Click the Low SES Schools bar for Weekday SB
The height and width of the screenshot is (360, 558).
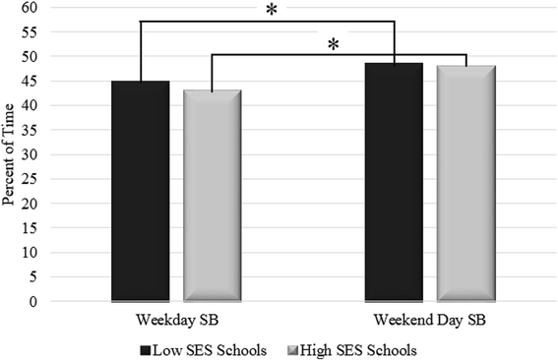[141, 191]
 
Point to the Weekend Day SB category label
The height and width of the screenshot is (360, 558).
[429, 321]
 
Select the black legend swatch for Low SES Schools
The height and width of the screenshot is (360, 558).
[145, 348]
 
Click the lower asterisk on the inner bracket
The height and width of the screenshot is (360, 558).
[334, 45]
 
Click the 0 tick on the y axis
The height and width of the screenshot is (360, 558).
[34, 302]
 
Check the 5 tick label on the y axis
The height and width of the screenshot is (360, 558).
[34, 277]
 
